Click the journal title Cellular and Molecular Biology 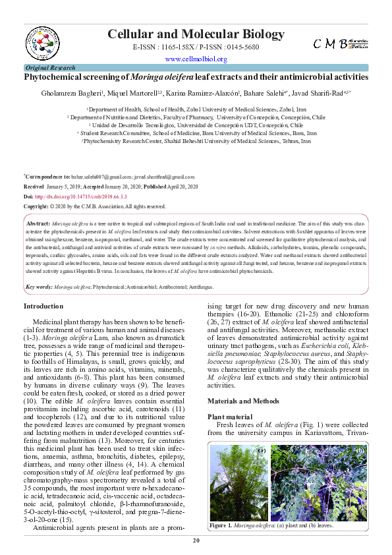195,34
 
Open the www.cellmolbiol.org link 196,59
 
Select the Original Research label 50,68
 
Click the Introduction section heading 43,306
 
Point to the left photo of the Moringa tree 237,482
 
